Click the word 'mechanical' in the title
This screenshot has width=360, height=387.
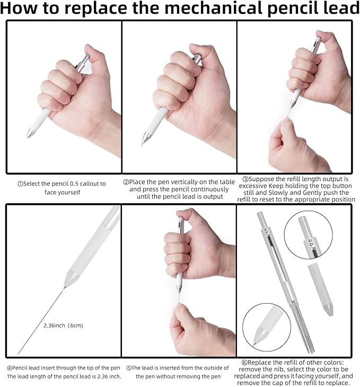point(214,8)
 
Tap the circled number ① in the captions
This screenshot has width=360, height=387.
point(20,184)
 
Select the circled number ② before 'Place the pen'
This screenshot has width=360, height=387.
point(126,182)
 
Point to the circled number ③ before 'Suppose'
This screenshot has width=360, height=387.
point(245,179)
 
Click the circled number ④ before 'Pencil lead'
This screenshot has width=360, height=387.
point(10,368)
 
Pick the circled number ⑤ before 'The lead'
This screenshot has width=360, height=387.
point(129,368)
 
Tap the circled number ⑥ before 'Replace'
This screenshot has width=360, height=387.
point(244,363)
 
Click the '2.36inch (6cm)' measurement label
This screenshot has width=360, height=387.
point(63,325)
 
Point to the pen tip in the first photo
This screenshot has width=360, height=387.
point(28,136)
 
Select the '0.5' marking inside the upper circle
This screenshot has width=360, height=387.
point(311,243)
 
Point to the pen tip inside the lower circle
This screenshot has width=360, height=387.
point(254,343)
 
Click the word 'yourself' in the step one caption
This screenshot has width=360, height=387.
point(70,192)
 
